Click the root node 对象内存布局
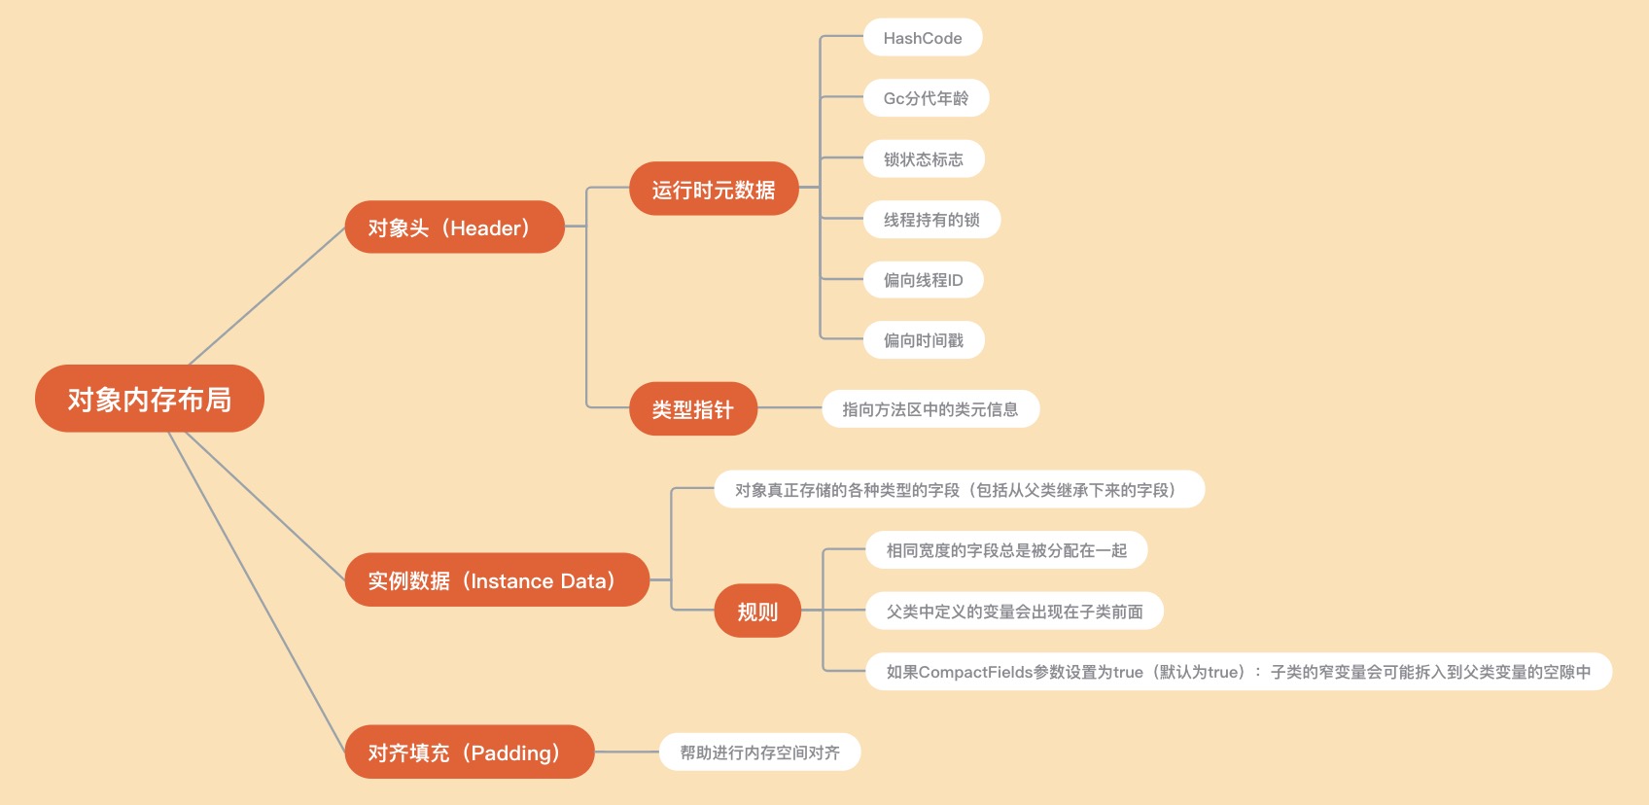pyautogui.click(x=149, y=399)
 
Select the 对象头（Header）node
pyautogui.click(x=454, y=227)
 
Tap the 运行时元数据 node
pyautogui.click(x=713, y=190)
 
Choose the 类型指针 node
pyautogui.click(x=691, y=409)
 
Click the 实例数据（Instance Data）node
pyautogui.click(x=496, y=580)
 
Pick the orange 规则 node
pyautogui.click(x=757, y=612)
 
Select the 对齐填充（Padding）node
pyautogui.click(x=469, y=752)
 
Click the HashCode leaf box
pyautogui.click(x=922, y=38)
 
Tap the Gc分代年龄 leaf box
pyautogui.click(x=926, y=98)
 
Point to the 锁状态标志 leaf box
pyautogui.click(x=924, y=159)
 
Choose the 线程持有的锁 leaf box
pyautogui.click(x=931, y=220)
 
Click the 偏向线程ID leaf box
pyautogui.click(x=923, y=280)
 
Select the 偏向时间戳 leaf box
pyautogui.click(x=924, y=340)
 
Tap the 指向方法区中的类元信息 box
pyautogui.click(x=930, y=409)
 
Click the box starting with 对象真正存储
pyautogui.click(x=959, y=490)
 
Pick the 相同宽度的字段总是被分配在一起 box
pyautogui.click(x=1006, y=550)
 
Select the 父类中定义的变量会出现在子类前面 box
pyautogui.click(x=1014, y=612)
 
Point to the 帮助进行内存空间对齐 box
pyautogui.click(x=759, y=752)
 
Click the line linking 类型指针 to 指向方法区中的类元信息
pyautogui.click(x=789, y=409)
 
